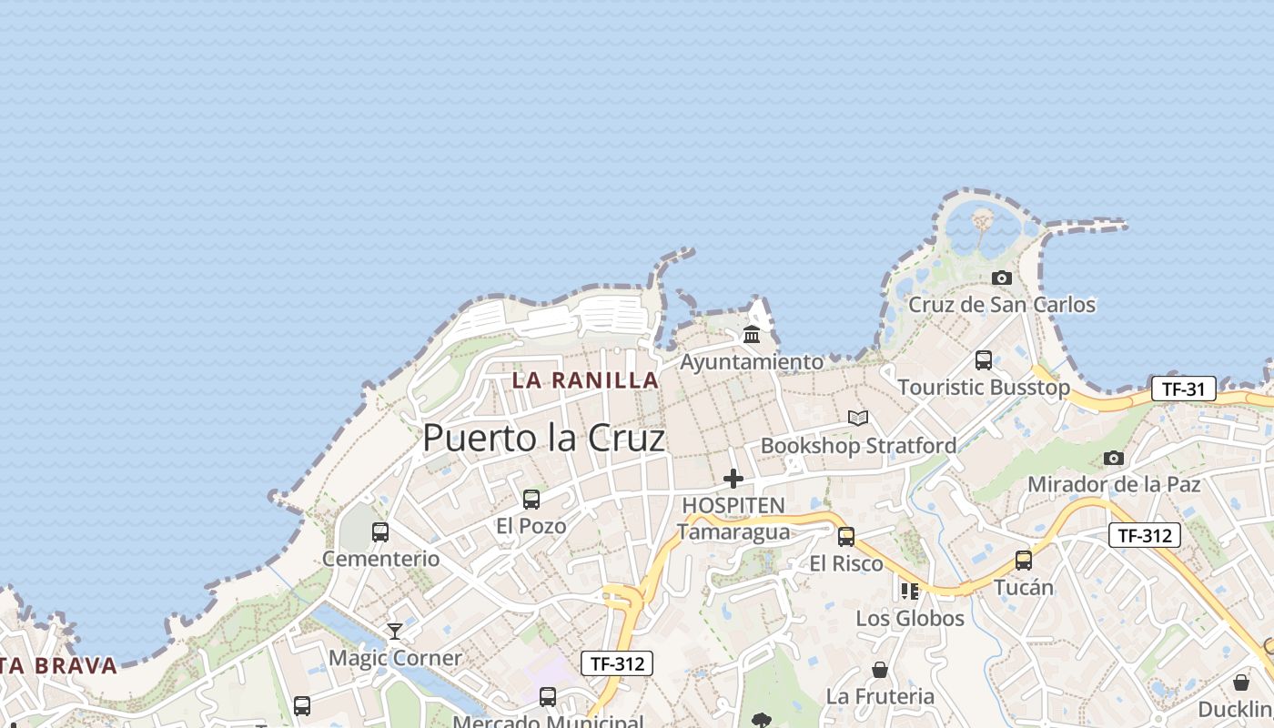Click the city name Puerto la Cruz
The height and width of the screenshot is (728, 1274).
pos(543,439)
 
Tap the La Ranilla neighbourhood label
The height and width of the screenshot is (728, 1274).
pos(585,380)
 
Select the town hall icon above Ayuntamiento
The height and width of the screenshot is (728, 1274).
pos(752,335)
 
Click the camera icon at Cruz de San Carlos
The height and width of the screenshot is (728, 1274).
pos(1002,278)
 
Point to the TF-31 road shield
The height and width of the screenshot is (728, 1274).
pos(1183,389)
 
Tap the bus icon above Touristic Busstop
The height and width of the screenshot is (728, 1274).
pos(984,359)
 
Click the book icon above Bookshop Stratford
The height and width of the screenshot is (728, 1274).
pos(857,418)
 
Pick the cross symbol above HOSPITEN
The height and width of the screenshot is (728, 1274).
pos(733,479)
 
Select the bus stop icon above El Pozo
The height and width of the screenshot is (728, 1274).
pos(531,499)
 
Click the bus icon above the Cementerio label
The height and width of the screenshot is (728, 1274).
pos(380,531)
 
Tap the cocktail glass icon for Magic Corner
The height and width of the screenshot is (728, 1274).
pos(395,631)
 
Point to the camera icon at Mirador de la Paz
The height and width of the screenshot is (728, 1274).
pos(1114,458)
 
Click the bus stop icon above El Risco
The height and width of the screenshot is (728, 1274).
pos(846,536)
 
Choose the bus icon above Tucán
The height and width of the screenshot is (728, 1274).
pos(1024,560)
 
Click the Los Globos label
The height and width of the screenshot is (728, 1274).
pos(910,619)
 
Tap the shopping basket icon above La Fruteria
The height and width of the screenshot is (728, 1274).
pos(880,670)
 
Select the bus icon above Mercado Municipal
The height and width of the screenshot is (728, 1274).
pos(548,697)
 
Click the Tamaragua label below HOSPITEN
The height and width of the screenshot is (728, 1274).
pos(733,531)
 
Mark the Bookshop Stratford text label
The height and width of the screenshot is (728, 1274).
pos(858,446)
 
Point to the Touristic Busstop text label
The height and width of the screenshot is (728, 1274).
pos(984,388)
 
